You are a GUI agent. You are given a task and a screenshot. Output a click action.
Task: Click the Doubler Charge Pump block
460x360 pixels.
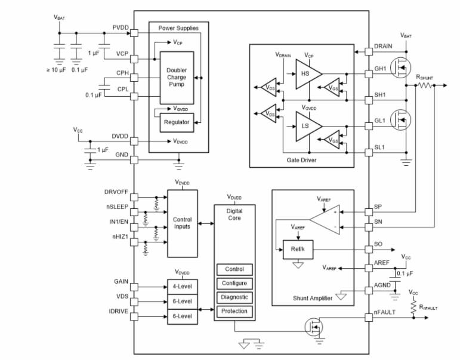coord(177,77)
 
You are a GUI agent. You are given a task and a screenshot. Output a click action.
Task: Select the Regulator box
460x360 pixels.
coord(177,122)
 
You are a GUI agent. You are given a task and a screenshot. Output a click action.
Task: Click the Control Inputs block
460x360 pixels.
coord(182,223)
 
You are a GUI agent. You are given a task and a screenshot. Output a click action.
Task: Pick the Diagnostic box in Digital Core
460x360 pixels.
coord(234,297)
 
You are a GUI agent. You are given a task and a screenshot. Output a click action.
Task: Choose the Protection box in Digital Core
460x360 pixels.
coord(234,311)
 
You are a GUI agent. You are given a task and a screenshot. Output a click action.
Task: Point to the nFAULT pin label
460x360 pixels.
coord(385,312)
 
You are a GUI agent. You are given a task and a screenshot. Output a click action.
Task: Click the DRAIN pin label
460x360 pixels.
coord(384,46)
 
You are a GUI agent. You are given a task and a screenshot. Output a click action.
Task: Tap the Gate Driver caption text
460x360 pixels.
coord(301,160)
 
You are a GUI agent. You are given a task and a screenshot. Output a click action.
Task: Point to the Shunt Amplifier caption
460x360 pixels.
coord(313,298)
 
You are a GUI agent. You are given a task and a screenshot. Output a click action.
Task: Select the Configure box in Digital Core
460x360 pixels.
coord(234,283)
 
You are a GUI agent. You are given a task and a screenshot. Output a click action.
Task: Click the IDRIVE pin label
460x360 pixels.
coord(118,312)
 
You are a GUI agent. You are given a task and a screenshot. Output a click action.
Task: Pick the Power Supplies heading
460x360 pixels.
coord(178,28)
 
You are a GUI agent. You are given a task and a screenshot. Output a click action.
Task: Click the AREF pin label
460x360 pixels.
coord(382,262)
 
